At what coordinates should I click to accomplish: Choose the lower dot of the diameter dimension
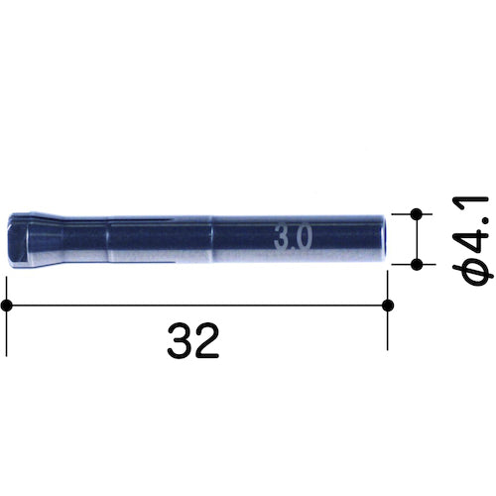click(x=417, y=263)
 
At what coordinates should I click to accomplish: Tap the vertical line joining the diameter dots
click(x=417, y=238)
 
